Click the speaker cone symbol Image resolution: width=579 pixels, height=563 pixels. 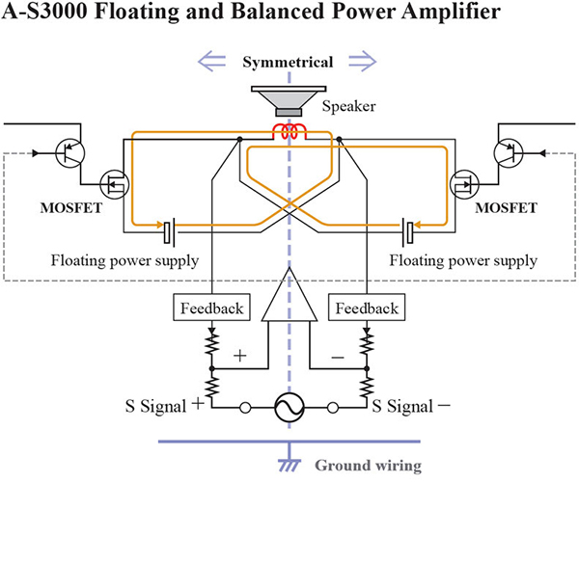click(x=289, y=100)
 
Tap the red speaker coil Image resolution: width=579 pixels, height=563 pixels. click(x=289, y=131)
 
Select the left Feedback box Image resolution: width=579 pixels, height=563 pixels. click(x=211, y=307)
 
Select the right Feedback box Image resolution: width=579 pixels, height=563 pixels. click(x=367, y=307)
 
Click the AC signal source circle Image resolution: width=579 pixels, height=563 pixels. click(x=289, y=408)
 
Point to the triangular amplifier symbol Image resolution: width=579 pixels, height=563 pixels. click(x=289, y=295)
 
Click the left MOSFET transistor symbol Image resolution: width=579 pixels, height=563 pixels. click(x=115, y=184)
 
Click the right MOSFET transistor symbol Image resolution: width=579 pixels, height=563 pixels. click(x=464, y=184)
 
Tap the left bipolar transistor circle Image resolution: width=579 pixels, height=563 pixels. click(x=70, y=152)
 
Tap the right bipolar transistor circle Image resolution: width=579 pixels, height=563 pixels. click(x=509, y=152)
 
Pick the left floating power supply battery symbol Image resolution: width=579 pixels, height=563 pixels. click(x=169, y=232)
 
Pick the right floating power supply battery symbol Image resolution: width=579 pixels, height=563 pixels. click(x=407, y=232)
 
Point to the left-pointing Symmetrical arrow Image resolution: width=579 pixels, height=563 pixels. click(x=212, y=62)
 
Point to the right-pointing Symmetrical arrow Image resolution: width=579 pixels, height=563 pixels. click(x=363, y=62)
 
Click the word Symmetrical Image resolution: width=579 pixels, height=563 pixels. click(x=288, y=62)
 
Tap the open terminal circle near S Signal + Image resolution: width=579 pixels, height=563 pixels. click(x=245, y=408)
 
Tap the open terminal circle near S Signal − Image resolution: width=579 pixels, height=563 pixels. click(x=333, y=408)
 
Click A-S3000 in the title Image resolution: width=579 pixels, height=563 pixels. click(x=45, y=11)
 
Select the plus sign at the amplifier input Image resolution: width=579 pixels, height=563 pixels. click(x=240, y=356)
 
